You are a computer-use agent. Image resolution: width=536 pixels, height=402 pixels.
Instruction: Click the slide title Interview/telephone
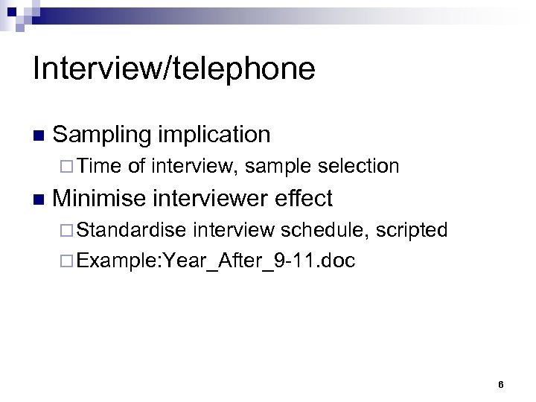174,69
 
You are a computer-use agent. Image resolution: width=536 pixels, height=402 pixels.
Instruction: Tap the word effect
304,198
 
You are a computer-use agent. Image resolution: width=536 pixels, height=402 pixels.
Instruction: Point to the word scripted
411,230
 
